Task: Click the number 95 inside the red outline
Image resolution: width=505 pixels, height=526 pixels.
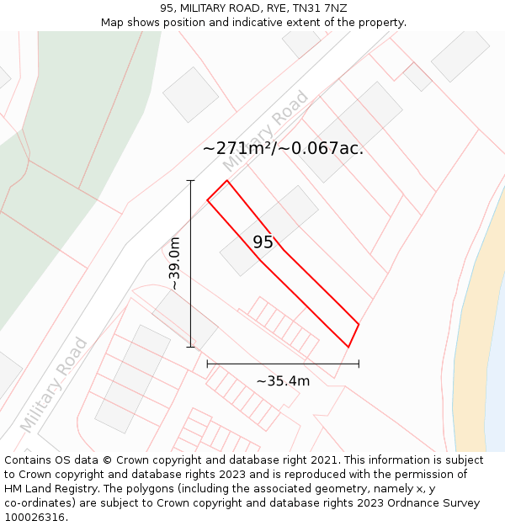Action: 263,242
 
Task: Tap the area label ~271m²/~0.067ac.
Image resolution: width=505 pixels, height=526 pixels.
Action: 283,149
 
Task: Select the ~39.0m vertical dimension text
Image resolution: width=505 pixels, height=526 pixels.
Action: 174,263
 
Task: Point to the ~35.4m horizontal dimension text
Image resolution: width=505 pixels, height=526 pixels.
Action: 283,381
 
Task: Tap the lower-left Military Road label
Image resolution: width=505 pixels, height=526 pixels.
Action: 53,385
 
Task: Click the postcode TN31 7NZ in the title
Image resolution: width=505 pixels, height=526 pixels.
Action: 320,8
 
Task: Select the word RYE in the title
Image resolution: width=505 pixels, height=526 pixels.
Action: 271,8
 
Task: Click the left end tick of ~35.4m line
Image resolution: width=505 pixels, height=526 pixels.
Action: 207,364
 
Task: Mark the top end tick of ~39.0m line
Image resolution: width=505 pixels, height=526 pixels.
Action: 190,180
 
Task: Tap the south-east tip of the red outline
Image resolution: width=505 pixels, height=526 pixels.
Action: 348,346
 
